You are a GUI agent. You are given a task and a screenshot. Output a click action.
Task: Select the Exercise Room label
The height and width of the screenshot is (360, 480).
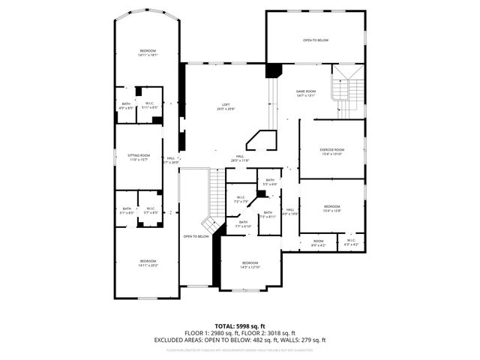click(331, 151)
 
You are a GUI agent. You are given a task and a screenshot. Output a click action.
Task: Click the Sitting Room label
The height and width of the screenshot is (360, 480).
click(139, 157)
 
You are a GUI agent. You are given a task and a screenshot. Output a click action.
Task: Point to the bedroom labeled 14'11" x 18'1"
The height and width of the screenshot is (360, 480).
click(147, 53)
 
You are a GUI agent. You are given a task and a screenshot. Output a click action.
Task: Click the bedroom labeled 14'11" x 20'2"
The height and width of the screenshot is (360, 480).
click(147, 262)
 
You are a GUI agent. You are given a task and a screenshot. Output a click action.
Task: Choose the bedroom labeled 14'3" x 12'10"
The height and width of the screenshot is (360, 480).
click(250, 265)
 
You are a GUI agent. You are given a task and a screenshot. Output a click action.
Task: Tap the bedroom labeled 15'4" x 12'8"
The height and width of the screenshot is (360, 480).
click(331, 208)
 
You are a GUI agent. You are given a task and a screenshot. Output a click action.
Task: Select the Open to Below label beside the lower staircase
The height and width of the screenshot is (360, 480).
click(196, 236)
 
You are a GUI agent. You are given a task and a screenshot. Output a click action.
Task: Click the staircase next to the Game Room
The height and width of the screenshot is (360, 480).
click(346, 90)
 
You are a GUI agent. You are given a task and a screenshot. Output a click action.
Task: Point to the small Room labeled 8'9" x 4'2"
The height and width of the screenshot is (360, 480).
click(318, 243)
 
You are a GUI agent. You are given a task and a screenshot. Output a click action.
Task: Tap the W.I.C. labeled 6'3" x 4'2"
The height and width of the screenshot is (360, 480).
click(351, 243)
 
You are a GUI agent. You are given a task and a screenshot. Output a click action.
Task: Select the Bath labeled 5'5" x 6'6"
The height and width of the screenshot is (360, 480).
click(270, 182)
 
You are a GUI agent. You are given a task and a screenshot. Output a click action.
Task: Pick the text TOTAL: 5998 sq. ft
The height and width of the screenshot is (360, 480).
click(239, 325)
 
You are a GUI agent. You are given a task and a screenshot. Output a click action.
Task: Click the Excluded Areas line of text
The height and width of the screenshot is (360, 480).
click(239, 340)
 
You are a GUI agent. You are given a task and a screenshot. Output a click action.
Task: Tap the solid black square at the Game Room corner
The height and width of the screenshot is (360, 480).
click(273, 70)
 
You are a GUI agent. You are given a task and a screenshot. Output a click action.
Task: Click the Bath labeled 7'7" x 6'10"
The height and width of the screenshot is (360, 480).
click(243, 224)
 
